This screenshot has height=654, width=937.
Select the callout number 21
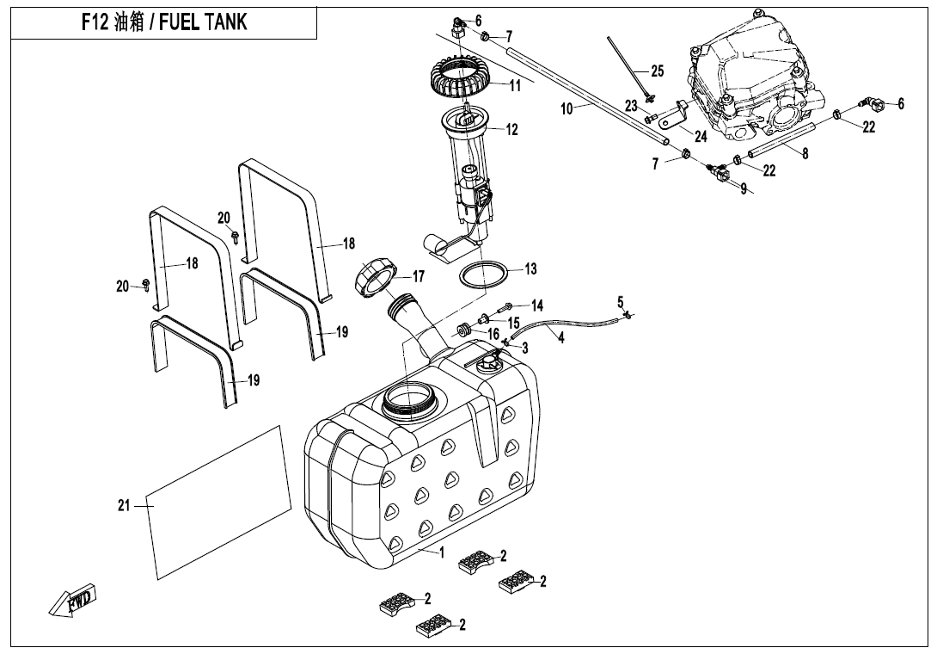point(124,506)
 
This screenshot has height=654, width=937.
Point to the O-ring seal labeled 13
point(484,275)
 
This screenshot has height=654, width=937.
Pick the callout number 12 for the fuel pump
point(512,130)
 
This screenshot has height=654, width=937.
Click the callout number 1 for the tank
point(442,553)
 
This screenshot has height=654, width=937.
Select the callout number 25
point(658,71)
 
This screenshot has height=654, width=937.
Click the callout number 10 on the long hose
point(567,108)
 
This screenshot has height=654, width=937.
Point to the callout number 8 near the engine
point(805,154)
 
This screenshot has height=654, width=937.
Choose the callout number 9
point(743,189)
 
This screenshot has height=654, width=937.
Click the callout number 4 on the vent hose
point(561,338)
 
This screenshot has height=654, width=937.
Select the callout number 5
point(621,301)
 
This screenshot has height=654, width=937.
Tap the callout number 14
point(537,305)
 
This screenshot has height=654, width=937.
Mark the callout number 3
point(524,348)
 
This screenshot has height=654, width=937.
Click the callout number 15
point(514,323)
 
